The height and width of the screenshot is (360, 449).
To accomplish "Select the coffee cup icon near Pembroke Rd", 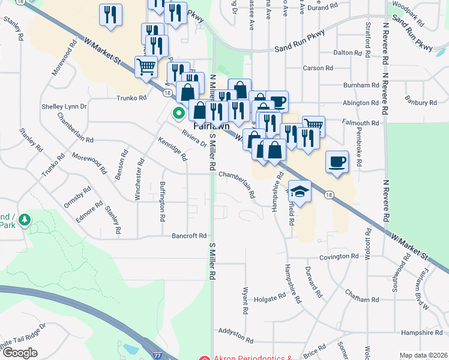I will point(337,162).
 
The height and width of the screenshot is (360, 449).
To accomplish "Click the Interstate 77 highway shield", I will point(157,355).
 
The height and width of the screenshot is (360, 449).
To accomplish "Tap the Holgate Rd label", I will point(270,298).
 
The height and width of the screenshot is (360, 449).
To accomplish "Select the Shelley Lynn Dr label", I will point(64,106).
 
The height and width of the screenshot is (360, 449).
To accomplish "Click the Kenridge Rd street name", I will point(173,149).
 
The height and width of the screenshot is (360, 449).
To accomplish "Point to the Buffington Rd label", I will point(162,202).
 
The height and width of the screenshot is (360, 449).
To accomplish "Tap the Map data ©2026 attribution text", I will point(423,355).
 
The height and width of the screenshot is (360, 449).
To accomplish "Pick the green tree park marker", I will point(25,221).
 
